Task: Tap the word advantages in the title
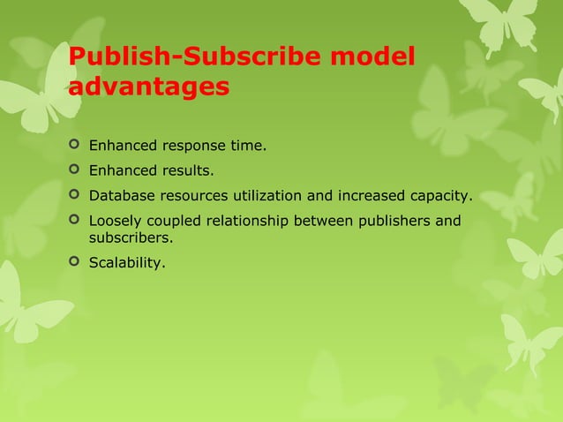(149, 88)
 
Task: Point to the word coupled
(173, 220)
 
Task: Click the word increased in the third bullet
(364, 195)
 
